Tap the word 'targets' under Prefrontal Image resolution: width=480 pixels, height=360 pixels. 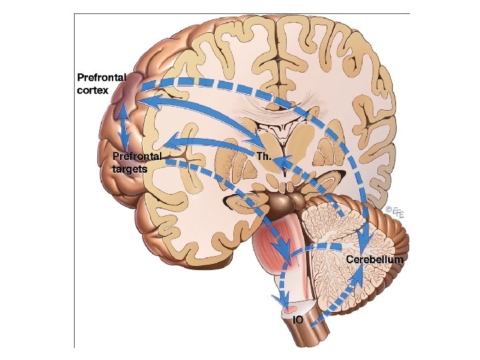[x=130, y=169]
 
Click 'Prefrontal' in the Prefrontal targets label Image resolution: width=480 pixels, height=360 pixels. [x=137, y=157]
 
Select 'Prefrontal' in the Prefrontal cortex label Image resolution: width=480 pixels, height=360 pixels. [x=101, y=77]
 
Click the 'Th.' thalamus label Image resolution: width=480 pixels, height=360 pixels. [x=265, y=156]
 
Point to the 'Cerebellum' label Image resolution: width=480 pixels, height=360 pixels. [x=374, y=260]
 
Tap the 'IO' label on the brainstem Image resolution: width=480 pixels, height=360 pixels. [x=299, y=320]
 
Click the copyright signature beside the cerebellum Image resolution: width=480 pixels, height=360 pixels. [x=395, y=213]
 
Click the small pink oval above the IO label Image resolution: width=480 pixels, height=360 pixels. [x=291, y=309]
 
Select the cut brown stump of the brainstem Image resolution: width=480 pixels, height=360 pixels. [x=308, y=337]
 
